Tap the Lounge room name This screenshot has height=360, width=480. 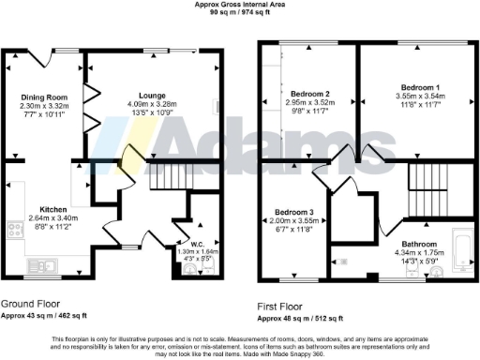point(152,96)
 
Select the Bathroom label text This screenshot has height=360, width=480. point(422,217)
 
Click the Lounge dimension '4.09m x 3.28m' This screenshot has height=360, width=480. point(152,104)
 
